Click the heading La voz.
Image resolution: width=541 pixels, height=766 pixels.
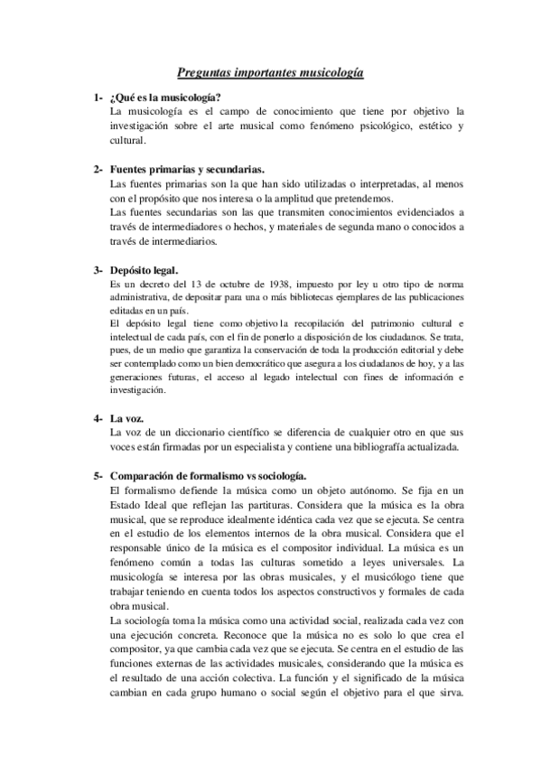coord(129,419)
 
